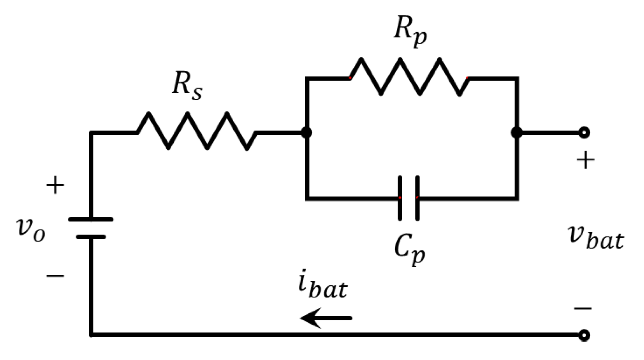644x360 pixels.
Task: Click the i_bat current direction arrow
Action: (326, 318)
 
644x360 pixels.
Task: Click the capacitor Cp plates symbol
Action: (408, 198)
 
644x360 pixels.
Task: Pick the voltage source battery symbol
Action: (91, 228)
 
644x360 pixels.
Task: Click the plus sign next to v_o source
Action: (55, 185)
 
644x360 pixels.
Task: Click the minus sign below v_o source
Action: (55, 275)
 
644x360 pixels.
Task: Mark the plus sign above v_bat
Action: (585, 161)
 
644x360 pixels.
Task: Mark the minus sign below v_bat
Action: (583, 308)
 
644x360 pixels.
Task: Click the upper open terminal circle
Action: (584, 132)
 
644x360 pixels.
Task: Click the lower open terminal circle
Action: (584, 335)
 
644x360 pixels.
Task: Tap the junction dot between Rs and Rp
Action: (306, 132)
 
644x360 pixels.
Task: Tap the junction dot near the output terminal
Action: (517, 132)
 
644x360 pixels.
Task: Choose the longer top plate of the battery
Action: (91, 220)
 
